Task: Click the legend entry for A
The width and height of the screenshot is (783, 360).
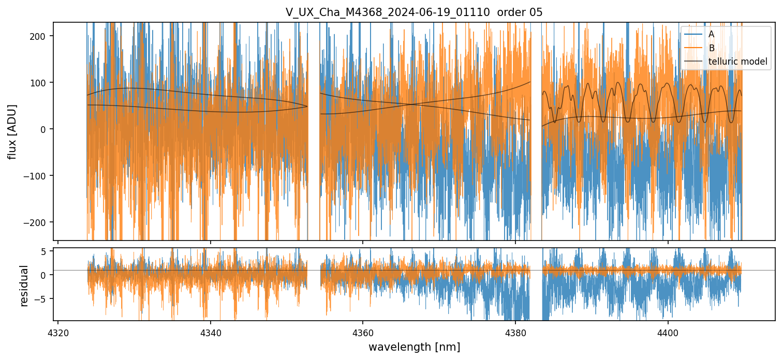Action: point(711,34)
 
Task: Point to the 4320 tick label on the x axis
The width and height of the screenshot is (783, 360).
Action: point(58,331)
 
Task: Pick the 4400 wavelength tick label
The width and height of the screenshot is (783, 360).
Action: point(668,331)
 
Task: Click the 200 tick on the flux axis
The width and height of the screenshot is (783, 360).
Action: point(42,36)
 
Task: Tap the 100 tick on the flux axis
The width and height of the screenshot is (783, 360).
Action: point(42,82)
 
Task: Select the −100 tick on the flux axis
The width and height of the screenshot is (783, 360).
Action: point(39,175)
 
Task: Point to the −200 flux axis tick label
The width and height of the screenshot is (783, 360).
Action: point(39,222)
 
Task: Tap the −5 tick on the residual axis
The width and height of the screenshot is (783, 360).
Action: point(45,298)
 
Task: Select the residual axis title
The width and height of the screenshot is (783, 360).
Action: point(24,285)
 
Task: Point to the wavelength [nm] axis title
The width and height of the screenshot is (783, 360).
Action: point(414,347)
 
